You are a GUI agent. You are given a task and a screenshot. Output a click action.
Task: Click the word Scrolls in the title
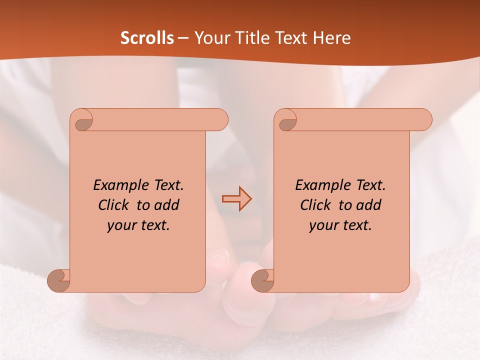point(147,38)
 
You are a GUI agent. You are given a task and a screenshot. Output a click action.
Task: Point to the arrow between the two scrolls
point(236,199)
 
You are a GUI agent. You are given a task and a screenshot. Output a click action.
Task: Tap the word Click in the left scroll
point(114,205)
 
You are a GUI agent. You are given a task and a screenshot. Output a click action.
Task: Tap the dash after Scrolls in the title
point(183,38)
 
